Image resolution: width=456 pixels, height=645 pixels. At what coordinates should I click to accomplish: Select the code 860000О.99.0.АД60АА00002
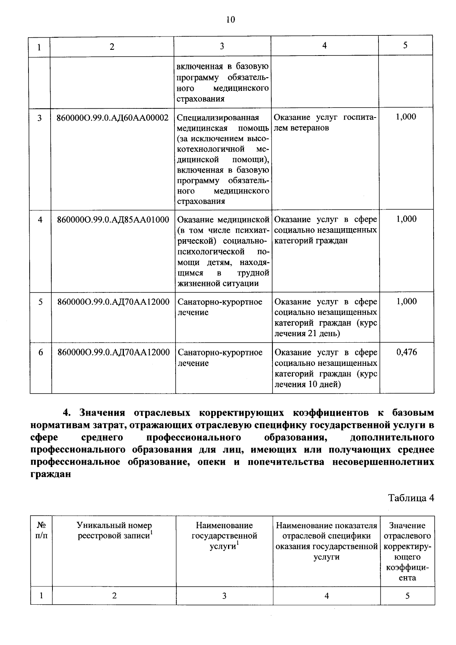pos(112,118)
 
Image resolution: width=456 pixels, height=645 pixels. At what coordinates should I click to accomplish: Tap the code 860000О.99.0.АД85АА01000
pos(113,220)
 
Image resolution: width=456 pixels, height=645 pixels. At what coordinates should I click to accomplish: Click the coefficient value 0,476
pos(406,353)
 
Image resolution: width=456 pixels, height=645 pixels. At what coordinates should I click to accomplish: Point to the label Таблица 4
pos(411,498)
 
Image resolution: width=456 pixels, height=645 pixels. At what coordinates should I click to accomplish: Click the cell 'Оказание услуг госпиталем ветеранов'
pos(325,122)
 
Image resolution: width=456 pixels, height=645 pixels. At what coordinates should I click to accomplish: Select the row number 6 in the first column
pos(41,353)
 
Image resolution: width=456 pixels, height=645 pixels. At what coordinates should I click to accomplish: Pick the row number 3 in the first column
pos(40,118)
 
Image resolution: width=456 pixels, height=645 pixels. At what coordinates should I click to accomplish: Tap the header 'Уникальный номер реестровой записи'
pos(114,531)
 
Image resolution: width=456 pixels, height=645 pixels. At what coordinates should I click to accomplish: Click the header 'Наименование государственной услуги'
pos(224,535)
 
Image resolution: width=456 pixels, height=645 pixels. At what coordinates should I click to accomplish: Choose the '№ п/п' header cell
pos(41,531)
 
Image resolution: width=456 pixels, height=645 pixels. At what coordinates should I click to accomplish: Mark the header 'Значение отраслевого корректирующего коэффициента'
pos(407,551)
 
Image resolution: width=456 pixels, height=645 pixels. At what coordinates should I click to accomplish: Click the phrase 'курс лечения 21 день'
pos(325,329)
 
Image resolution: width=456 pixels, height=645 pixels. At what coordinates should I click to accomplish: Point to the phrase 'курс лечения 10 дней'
pos(325,379)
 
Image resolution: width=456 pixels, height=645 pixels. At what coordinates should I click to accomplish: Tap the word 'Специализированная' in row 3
pos(218,118)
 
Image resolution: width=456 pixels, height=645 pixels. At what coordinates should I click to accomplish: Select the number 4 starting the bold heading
pos(66,413)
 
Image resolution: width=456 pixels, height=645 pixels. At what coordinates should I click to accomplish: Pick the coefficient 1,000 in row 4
pos(406,219)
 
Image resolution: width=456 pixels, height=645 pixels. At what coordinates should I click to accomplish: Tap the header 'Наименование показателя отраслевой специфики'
pos(326,531)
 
